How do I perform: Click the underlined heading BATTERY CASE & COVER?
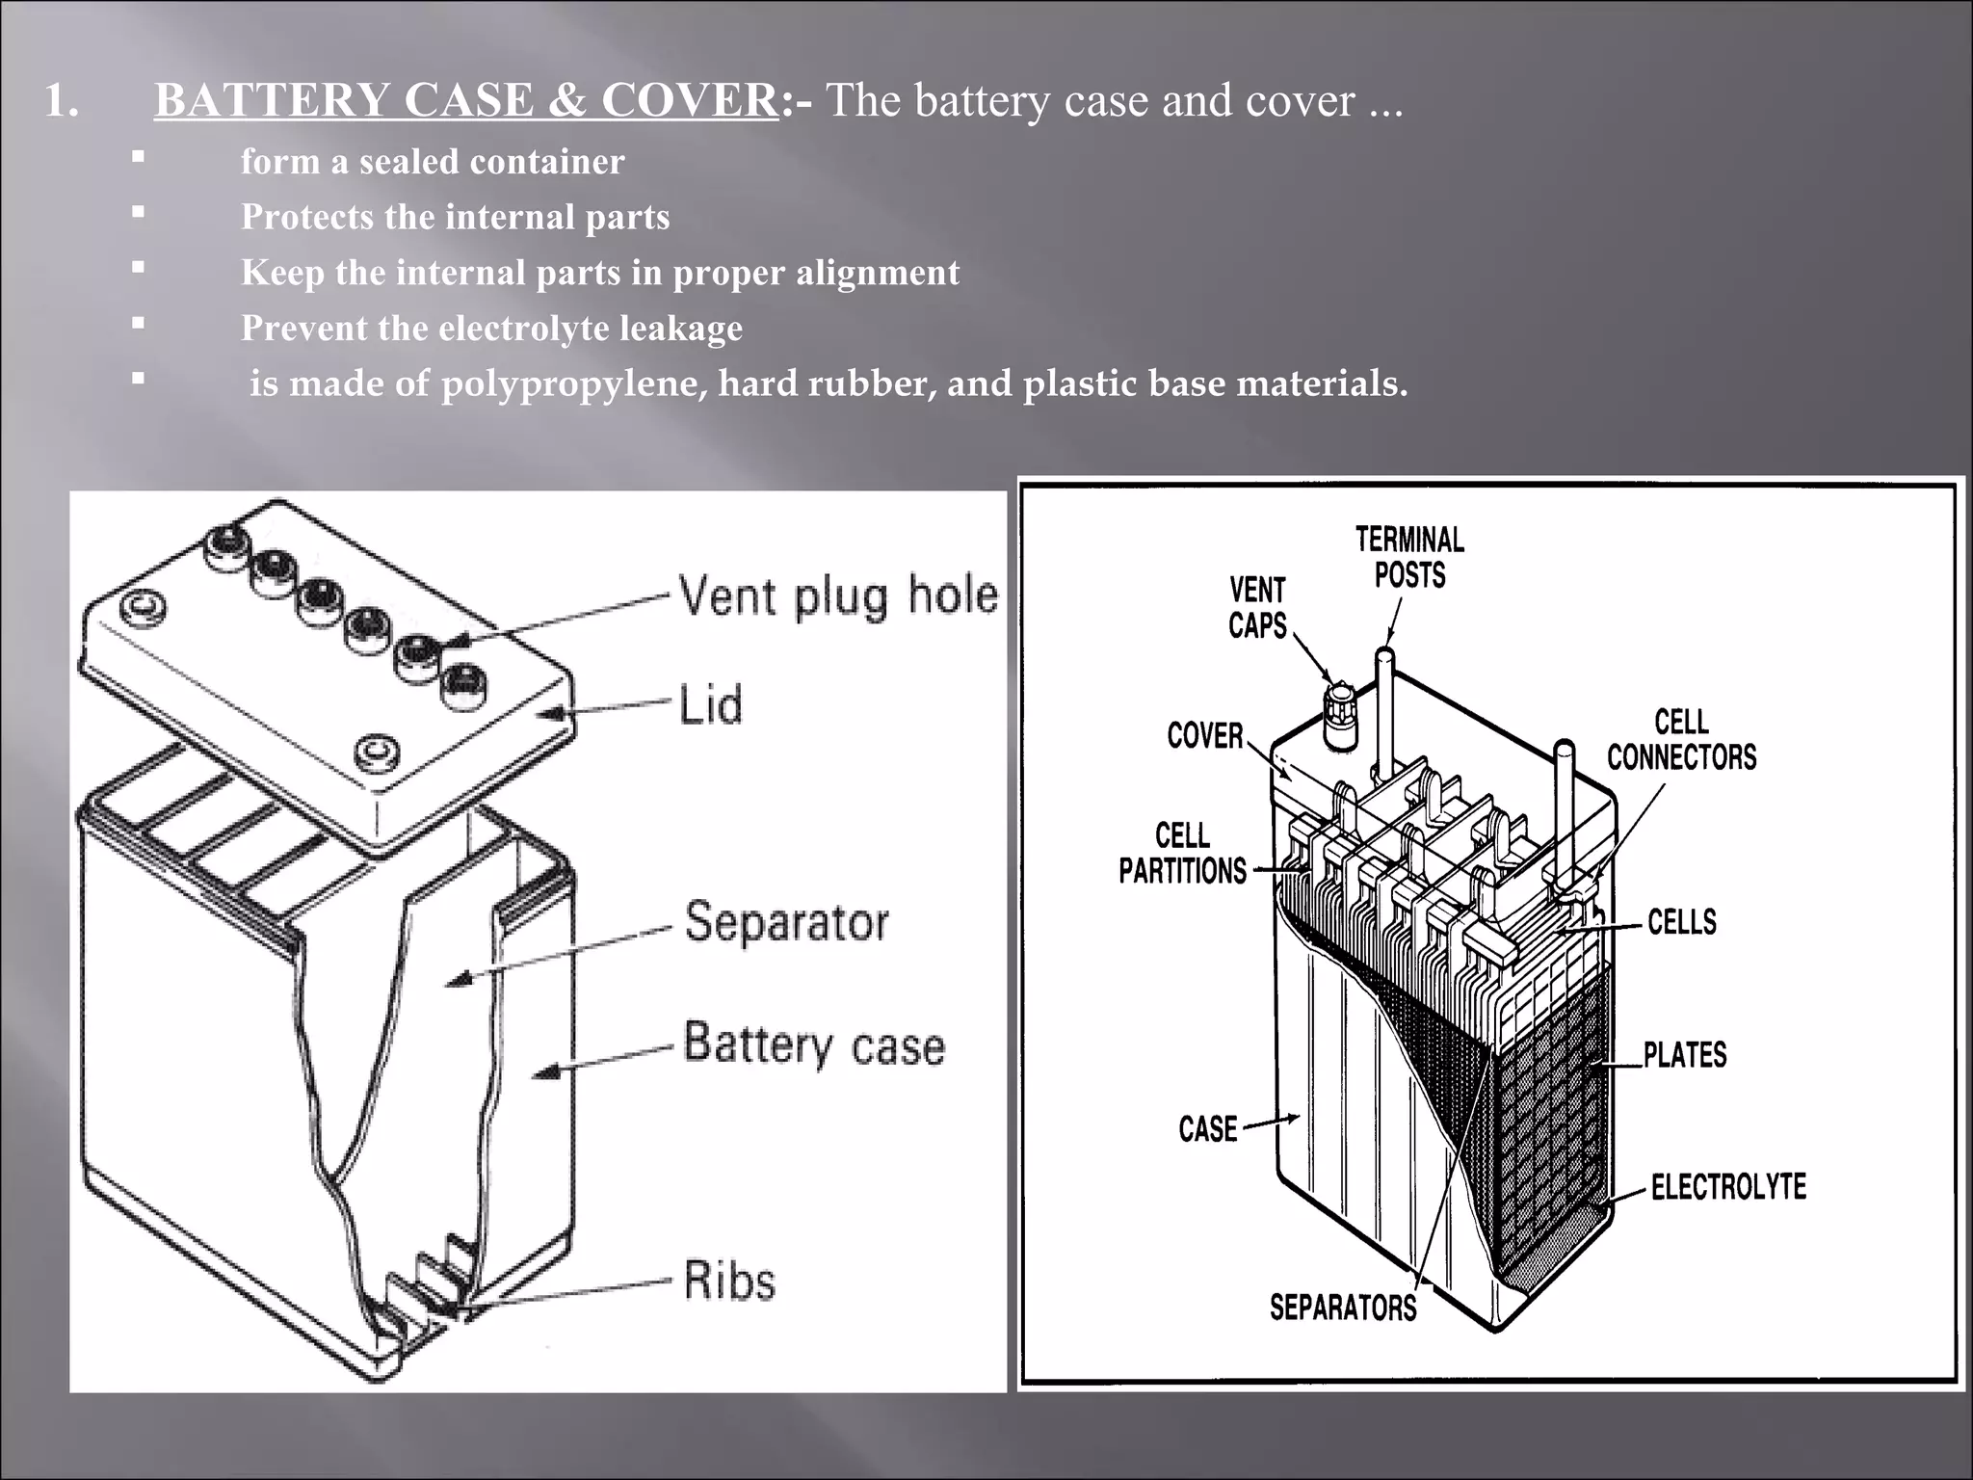tap(466, 101)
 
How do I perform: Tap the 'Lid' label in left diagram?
tap(711, 704)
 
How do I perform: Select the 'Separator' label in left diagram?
tap(786, 922)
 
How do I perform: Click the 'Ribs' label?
tap(729, 1281)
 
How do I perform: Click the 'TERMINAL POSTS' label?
tap(1409, 557)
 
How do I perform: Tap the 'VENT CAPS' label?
tap(1257, 607)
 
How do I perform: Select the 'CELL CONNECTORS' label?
tap(1681, 739)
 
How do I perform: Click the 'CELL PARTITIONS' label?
tap(1182, 853)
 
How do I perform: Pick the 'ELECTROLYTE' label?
tap(1728, 1186)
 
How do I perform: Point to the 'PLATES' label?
tap(1685, 1054)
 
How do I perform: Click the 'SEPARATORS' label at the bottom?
tap(1343, 1308)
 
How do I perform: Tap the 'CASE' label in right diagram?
tap(1208, 1128)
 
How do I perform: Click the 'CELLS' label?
tap(1682, 922)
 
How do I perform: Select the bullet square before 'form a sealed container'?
tap(139, 156)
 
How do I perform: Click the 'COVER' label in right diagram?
tap(1204, 736)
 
